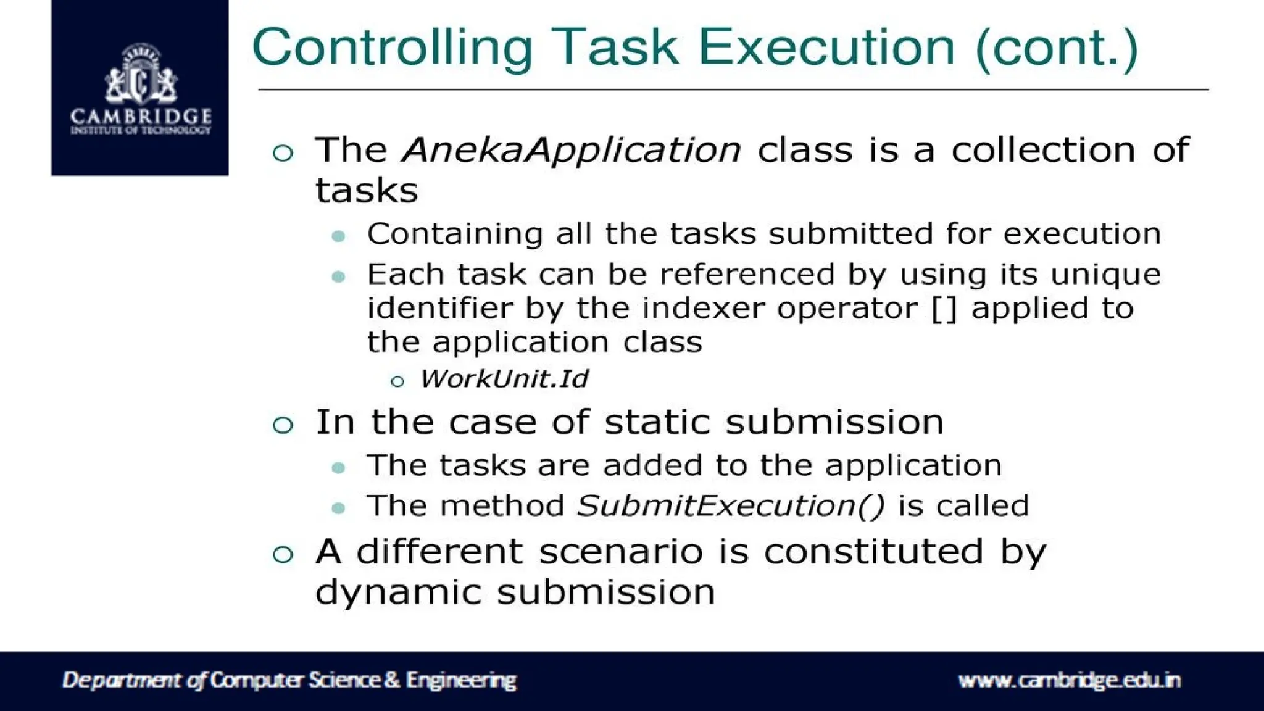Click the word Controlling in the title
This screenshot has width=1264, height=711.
(393, 48)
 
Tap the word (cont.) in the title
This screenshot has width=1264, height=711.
(1056, 48)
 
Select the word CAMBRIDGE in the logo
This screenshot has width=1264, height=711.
(141, 116)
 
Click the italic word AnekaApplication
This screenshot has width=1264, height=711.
(571, 150)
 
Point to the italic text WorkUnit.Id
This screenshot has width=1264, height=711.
(504, 379)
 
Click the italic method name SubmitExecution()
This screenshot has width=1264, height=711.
(731, 506)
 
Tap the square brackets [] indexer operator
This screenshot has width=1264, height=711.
(944, 309)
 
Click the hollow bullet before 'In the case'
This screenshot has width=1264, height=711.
(283, 425)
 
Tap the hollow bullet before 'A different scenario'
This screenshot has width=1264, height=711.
(283, 554)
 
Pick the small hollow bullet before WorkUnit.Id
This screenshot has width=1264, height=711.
(397, 382)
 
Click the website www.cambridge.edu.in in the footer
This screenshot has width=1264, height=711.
(1069, 680)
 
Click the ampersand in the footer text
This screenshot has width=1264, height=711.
(393, 680)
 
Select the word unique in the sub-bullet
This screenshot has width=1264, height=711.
(1105, 275)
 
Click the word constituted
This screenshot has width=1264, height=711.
(873, 551)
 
